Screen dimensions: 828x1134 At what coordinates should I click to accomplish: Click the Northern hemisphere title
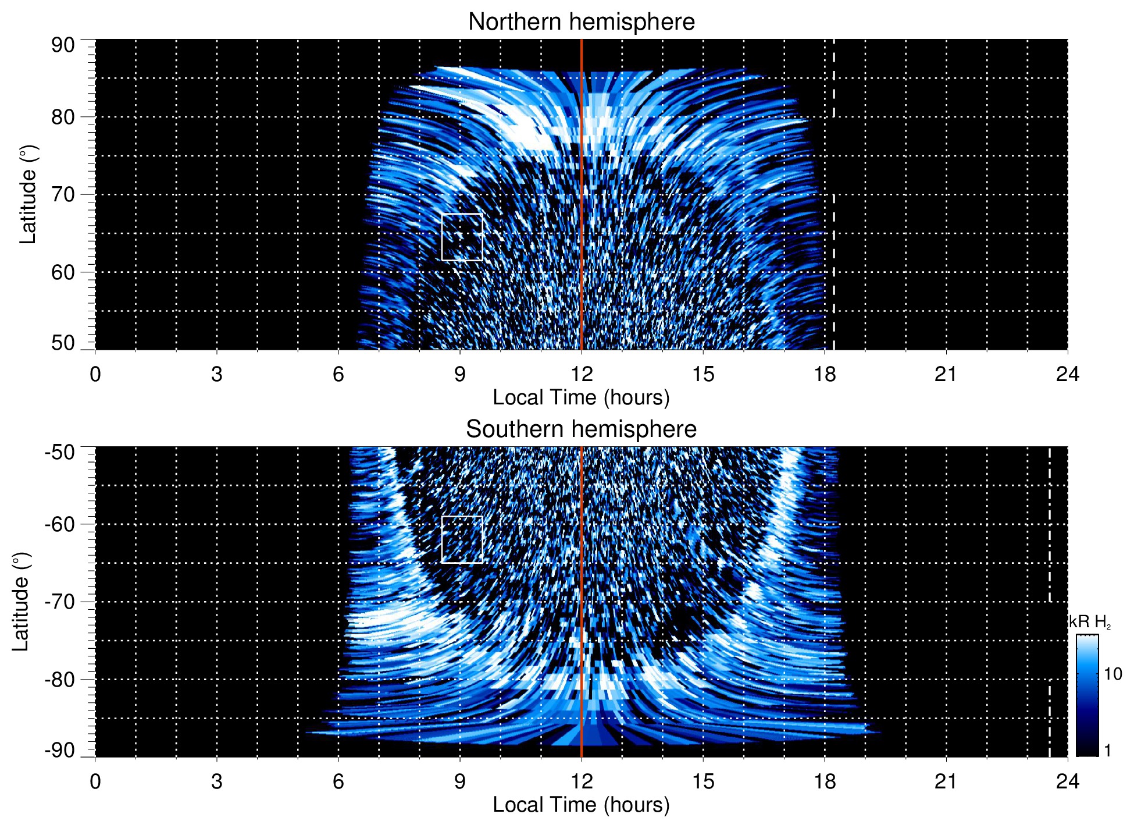(581, 22)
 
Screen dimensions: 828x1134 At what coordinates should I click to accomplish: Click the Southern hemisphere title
(581, 429)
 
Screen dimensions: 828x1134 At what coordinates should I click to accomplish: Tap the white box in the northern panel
(462, 237)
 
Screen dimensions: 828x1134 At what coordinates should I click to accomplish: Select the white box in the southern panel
(462, 539)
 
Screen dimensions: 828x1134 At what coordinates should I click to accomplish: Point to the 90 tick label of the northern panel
(63, 45)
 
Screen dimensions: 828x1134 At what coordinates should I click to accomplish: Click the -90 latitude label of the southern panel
(60, 751)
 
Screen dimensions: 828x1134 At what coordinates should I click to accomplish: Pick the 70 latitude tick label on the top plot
(63, 194)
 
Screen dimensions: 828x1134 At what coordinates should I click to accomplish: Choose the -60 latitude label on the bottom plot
(60, 524)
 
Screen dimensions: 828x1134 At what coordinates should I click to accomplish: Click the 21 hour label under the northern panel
(946, 374)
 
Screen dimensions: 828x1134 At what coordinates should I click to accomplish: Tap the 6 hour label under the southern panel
(338, 781)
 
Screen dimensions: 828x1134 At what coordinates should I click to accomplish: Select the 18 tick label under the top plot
(825, 374)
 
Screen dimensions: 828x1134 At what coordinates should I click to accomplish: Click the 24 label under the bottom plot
(1067, 781)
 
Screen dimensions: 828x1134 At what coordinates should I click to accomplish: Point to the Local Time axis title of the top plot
(581, 397)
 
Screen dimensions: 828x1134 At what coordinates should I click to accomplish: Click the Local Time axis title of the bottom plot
(581, 805)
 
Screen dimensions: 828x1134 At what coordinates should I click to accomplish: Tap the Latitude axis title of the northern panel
(28, 194)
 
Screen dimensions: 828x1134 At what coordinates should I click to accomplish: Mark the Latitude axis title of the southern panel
(21, 602)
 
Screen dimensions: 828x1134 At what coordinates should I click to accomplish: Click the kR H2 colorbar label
(1090, 622)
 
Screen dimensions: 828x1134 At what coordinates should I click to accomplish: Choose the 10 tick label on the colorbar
(1112, 674)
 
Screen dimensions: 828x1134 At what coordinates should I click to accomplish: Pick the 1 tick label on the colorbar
(1107, 751)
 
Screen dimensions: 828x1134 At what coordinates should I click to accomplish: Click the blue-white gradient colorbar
(1087, 695)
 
